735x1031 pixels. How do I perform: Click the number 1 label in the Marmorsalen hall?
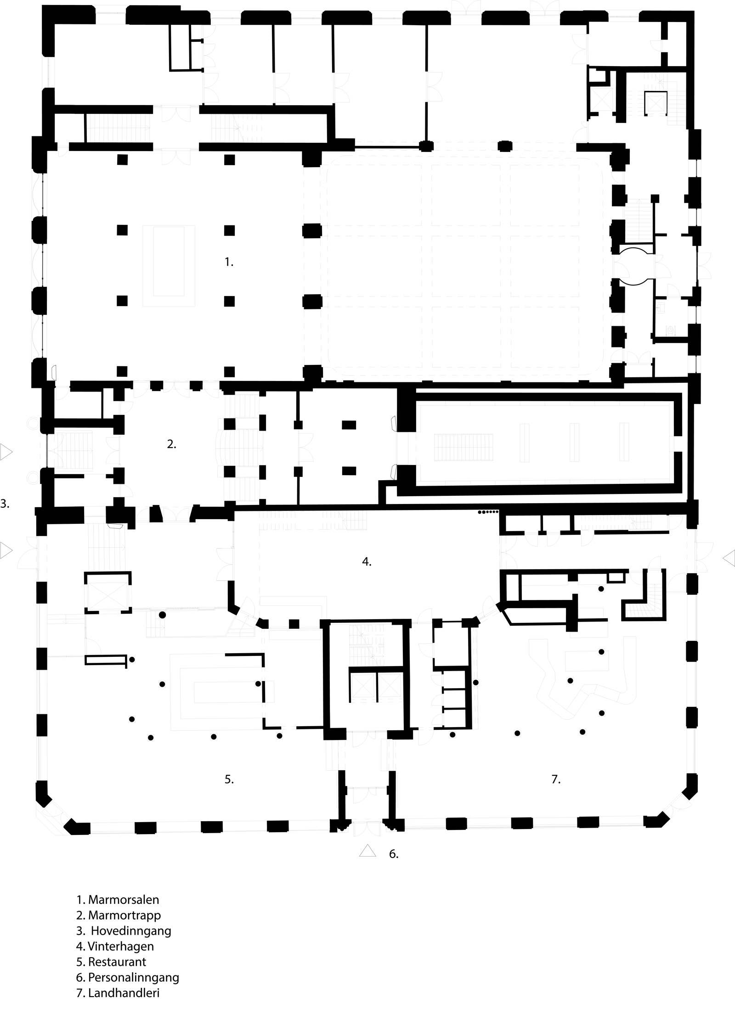pos(229,262)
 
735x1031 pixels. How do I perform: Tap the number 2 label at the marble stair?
pos(171,444)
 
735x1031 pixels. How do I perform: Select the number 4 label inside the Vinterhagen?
pos(367,561)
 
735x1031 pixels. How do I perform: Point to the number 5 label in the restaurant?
pos(229,779)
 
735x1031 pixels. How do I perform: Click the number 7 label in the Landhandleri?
pos(556,779)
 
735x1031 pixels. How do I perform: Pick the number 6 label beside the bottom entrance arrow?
pos(394,854)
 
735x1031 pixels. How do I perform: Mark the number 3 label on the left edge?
pos(5,504)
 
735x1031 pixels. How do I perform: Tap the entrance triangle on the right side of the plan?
pos(729,558)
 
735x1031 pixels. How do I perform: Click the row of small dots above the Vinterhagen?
pos(488,512)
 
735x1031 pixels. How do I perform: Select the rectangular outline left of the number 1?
pos(169,266)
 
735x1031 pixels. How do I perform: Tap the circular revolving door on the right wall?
pos(634,266)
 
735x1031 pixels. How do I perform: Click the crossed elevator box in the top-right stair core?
pos(655,103)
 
